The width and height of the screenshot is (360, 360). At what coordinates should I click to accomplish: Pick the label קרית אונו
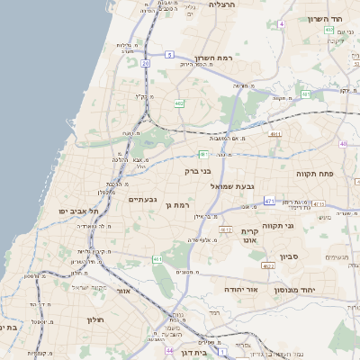point(250,236)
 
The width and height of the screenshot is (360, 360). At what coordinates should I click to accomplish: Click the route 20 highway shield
point(145,64)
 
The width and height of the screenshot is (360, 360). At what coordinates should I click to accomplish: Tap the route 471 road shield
point(269,201)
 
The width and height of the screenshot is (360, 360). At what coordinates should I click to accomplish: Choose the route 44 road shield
point(170,350)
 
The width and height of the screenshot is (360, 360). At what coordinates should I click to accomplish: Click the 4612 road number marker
point(226,229)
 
